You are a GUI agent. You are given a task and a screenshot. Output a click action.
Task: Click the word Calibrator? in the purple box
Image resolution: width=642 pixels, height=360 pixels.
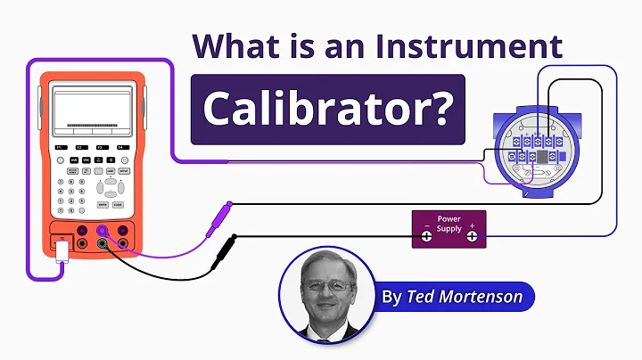327,109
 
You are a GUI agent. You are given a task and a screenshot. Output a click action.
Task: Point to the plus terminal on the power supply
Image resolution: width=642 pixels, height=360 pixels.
472,236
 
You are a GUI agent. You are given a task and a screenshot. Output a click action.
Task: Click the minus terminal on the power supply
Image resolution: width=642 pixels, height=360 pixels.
426,236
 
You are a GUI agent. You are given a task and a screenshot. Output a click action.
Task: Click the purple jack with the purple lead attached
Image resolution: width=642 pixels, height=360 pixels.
103,231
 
